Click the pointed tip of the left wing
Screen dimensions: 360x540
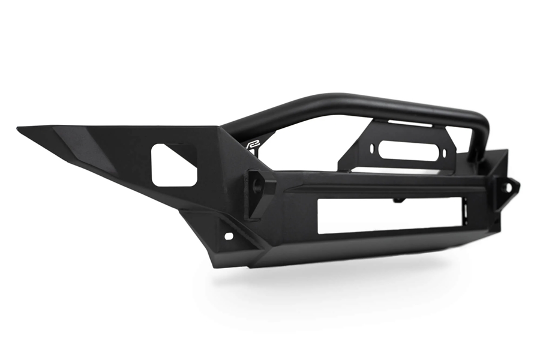point(19,128)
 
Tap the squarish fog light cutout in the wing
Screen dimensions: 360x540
point(173,164)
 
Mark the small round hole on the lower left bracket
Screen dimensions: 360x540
point(229,236)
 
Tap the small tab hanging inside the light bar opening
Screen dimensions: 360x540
point(397,200)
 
